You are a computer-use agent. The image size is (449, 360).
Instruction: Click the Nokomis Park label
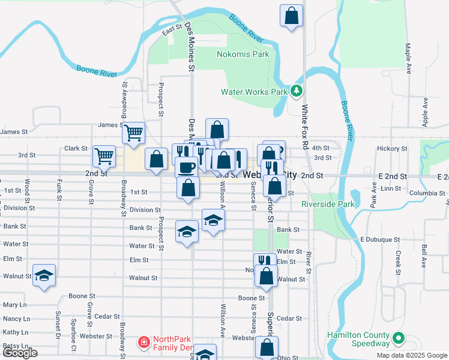(x=243, y=54)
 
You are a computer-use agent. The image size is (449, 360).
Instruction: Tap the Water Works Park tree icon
(x=295, y=92)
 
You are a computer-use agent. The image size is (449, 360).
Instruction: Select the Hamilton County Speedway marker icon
(x=397, y=340)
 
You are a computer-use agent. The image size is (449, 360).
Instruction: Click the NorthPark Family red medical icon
(x=144, y=343)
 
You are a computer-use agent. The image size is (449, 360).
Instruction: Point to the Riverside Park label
(x=328, y=204)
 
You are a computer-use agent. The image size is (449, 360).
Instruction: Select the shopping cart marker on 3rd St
(x=104, y=156)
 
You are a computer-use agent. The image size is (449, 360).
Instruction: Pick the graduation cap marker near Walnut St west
(x=44, y=275)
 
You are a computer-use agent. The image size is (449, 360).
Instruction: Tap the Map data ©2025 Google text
(x=411, y=355)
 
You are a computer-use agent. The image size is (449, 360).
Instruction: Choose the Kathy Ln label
(x=16, y=332)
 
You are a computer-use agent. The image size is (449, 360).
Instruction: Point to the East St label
(x=172, y=29)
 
